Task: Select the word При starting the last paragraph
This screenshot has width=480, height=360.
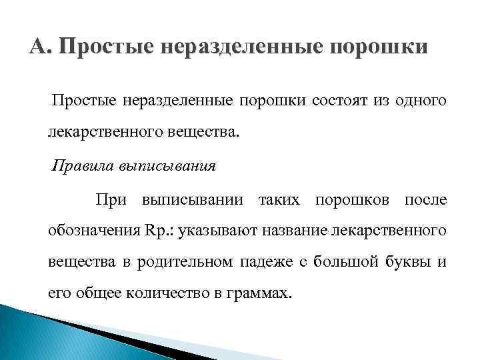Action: pos(111,200)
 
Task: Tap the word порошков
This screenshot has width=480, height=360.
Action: pos(353,200)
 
